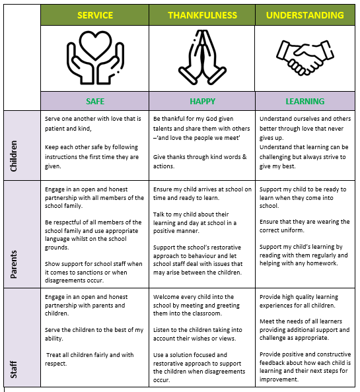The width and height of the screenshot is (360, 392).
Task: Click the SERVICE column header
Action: (95, 15)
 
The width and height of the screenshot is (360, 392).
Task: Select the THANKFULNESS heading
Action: (202, 15)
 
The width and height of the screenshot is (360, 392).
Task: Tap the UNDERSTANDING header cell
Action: (305, 15)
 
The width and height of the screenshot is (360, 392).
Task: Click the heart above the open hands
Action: (95, 45)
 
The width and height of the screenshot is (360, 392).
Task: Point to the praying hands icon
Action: (202, 57)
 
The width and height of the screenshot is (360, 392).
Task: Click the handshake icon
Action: (305, 57)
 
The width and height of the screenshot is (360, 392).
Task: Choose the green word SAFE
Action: (95, 101)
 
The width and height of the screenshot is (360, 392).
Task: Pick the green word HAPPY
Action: (202, 101)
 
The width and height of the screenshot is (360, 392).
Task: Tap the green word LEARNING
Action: (305, 101)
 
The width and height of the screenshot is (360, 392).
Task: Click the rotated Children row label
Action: (14, 156)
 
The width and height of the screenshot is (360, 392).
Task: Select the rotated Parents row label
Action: (14, 264)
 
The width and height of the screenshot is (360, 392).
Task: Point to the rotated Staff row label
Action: (14, 370)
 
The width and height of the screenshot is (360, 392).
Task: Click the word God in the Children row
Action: (211, 119)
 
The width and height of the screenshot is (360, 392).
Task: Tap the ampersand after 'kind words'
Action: (244, 157)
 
